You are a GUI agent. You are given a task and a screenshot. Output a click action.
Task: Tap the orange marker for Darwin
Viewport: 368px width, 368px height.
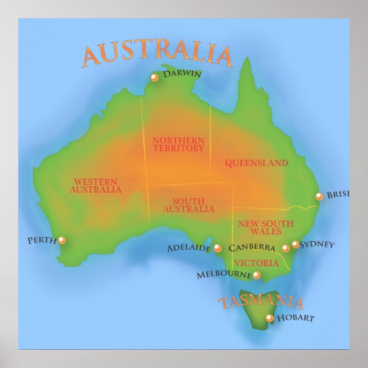pos(154,78)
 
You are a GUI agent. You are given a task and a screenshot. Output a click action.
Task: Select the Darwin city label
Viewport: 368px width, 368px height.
pos(182,74)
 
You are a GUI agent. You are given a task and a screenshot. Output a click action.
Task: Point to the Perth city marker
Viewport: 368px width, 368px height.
pos(62,240)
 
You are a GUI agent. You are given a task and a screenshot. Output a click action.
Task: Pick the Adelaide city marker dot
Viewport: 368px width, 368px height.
pos(217,248)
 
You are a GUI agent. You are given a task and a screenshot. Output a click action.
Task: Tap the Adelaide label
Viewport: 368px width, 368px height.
pos(189,249)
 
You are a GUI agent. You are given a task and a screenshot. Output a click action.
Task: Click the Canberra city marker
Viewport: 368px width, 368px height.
pos(286,248)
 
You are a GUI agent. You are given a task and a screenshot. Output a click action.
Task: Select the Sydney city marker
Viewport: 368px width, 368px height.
pos(295,245)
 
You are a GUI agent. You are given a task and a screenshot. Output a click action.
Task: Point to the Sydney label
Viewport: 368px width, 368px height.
pos(317,245)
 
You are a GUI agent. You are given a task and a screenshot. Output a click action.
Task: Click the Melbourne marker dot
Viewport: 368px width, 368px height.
pos(257,275)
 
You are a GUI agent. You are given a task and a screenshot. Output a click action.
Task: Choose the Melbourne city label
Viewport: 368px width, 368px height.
pos(224,275)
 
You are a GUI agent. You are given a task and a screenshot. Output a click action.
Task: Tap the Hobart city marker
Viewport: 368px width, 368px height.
pos(269,318)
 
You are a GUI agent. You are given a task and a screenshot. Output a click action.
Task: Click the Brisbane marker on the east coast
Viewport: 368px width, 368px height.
pos(319,197)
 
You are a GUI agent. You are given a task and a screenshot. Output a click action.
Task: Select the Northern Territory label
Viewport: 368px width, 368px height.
pos(178,144)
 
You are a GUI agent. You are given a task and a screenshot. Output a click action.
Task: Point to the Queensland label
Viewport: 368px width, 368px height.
pos(256,163)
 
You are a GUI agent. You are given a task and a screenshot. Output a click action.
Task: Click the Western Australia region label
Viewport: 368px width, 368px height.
pos(96,185)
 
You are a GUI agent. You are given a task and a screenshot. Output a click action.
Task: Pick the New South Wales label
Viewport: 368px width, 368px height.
pos(266,227)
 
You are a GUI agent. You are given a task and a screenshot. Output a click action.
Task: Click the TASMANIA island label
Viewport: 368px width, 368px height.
pos(261,302)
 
